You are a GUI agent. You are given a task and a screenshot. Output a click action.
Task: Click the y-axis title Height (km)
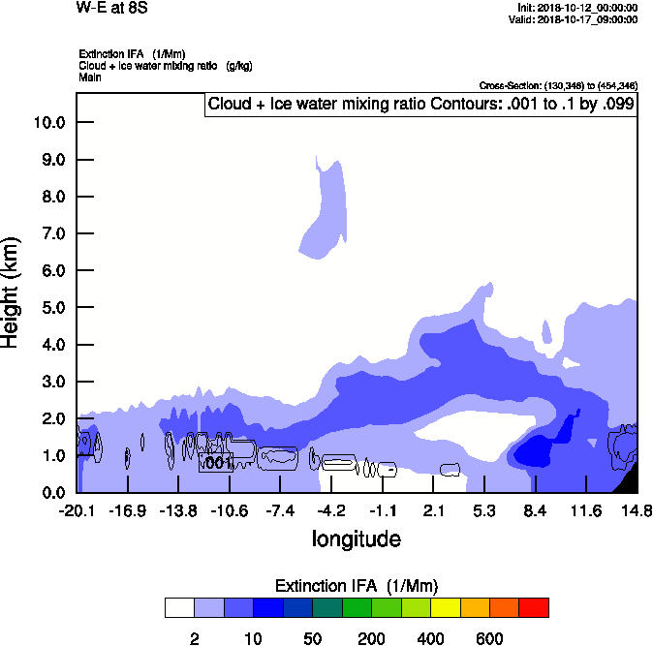click(12, 292)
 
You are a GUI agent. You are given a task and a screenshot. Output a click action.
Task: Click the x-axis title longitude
click(357, 538)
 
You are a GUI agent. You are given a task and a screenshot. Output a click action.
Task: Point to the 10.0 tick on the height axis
click(48, 123)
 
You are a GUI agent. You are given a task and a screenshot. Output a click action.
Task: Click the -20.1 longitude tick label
click(77, 510)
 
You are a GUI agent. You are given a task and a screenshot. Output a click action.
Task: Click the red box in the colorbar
click(534, 607)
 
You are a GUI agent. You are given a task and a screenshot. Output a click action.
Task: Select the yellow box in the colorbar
click(445, 607)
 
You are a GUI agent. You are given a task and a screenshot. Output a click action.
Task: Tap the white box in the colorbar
click(179, 607)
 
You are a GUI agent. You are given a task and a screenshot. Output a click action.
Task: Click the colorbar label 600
click(489, 638)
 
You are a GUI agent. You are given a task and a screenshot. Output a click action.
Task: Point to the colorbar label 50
click(313, 638)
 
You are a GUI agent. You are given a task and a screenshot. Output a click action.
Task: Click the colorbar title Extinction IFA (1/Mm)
click(357, 586)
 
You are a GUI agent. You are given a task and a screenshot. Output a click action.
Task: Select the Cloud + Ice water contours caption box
click(420, 105)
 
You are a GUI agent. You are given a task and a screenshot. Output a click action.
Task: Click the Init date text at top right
click(576, 8)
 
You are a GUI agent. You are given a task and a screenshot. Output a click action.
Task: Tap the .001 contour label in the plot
click(215, 463)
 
